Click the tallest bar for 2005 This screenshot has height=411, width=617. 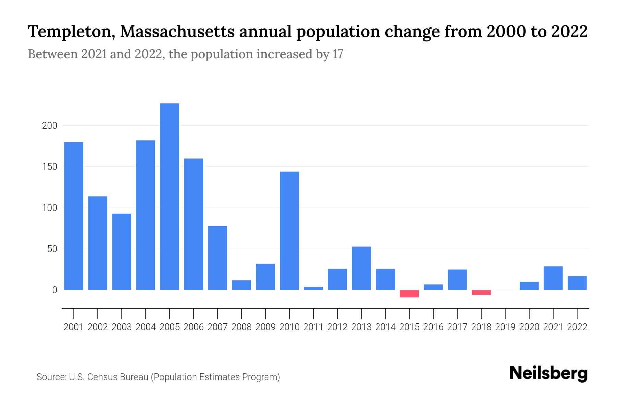(169, 197)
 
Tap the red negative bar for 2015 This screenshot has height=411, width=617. (409, 294)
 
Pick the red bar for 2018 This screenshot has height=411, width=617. (481, 292)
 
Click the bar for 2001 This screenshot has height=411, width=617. (74, 216)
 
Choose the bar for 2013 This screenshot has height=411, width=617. (361, 268)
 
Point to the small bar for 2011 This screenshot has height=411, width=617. (313, 288)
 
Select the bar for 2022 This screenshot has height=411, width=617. (577, 283)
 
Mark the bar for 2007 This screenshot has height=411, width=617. (217, 258)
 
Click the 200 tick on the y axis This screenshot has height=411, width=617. (50, 126)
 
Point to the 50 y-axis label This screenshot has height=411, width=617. (52, 249)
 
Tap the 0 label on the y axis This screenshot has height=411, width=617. (55, 290)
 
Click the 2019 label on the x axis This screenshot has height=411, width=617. (505, 327)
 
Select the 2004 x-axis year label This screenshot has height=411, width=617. (145, 327)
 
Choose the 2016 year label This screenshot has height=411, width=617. (433, 327)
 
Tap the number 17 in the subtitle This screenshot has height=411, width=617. (338, 54)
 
